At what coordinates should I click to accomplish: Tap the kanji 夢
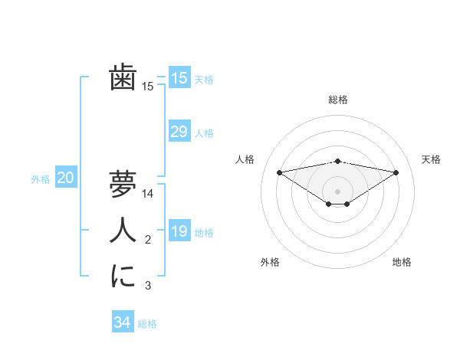click(x=123, y=184)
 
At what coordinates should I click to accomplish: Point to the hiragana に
click(x=123, y=276)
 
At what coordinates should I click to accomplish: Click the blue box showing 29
click(x=179, y=132)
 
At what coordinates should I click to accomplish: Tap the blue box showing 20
click(x=66, y=178)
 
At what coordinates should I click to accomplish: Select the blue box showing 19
click(x=179, y=231)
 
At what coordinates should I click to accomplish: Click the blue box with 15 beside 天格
click(x=179, y=77)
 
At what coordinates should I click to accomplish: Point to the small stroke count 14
click(x=149, y=195)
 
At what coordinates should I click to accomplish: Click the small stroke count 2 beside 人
click(x=148, y=241)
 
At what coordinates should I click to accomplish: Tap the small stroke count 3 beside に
click(x=148, y=286)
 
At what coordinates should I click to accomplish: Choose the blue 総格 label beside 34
click(x=147, y=324)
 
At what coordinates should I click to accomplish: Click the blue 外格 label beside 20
click(x=41, y=179)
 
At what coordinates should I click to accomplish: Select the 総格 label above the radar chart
click(x=337, y=100)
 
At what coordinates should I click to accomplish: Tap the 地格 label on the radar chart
click(x=402, y=262)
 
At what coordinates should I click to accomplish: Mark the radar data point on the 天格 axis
click(x=396, y=172)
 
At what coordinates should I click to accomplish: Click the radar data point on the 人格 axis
click(x=279, y=172)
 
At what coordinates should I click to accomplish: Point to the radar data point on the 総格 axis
click(x=337, y=161)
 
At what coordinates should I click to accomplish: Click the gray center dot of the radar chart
click(x=337, y=191)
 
